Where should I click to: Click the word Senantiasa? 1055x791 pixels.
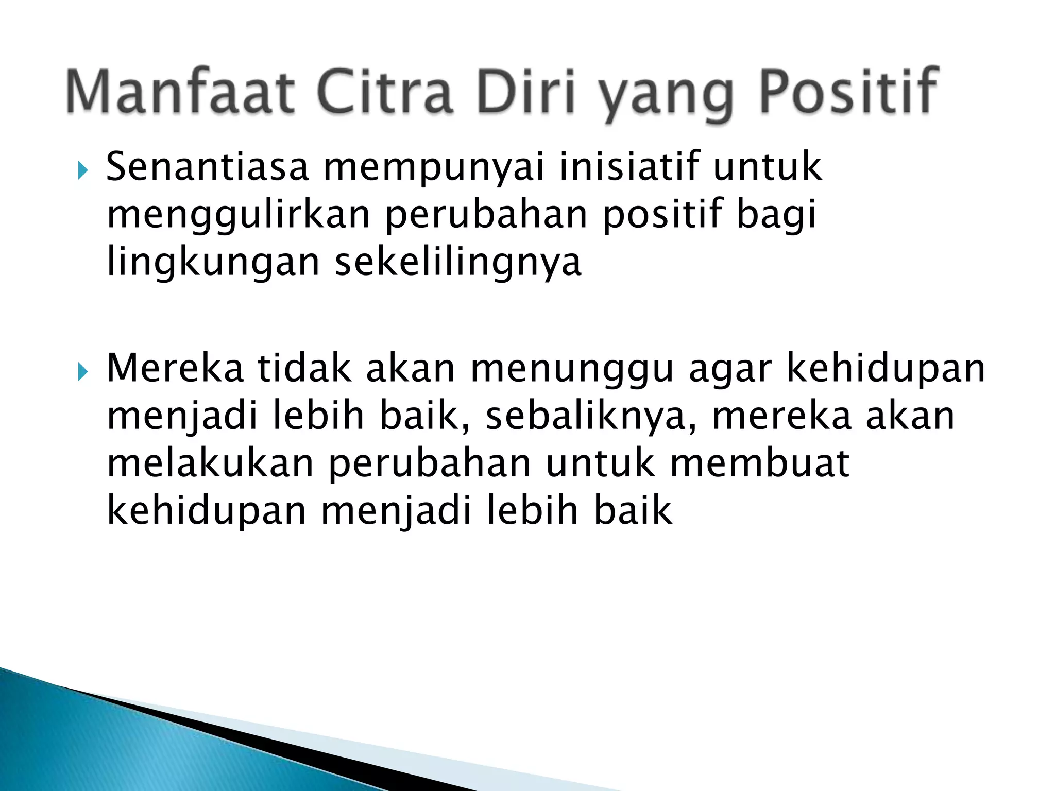(x=207, y=167)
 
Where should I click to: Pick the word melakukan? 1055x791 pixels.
(x=210, y=463)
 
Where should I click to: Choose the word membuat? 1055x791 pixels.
(x=759, y=463)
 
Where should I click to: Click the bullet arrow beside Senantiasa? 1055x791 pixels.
(x=82, y=170)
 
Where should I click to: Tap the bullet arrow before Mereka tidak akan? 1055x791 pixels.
(x=82, y=371)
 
